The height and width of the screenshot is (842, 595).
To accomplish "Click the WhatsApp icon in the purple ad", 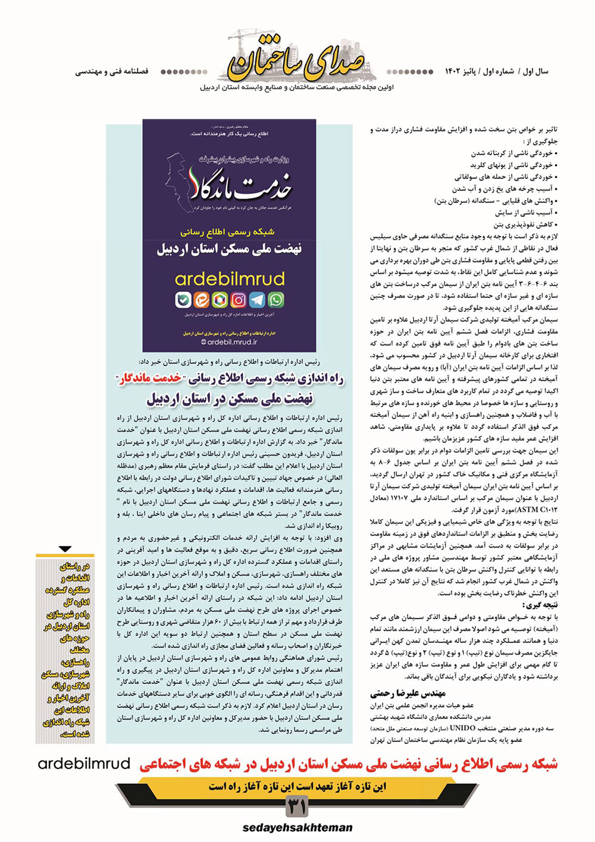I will (276, 300).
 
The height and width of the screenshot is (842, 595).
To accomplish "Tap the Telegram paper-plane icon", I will (257, 300).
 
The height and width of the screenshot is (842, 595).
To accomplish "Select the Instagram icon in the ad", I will (239, 300).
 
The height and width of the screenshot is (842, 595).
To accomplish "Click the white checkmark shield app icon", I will (183, 300).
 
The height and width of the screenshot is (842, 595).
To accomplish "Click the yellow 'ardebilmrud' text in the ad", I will (230, 279).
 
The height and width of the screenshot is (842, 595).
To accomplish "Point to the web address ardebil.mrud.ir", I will (229, 342).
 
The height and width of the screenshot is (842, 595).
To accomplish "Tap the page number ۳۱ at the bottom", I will (297, 807).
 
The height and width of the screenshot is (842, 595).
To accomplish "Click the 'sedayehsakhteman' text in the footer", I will (297, 828).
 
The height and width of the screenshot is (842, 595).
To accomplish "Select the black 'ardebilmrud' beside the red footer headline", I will (84, 764).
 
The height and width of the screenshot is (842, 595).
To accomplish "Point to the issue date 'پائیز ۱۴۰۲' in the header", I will (462, 71).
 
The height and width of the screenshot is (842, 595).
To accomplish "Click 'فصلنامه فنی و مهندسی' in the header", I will (112, 71).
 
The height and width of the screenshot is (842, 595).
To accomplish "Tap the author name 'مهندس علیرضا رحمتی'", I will (408, 693).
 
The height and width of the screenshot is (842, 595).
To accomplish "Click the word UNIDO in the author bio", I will (463, 728).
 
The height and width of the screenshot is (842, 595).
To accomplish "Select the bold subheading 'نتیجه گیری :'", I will (542, 605).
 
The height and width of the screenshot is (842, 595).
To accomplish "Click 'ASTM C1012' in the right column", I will (531, 510).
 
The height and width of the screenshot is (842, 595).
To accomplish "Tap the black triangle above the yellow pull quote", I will (65, 549).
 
